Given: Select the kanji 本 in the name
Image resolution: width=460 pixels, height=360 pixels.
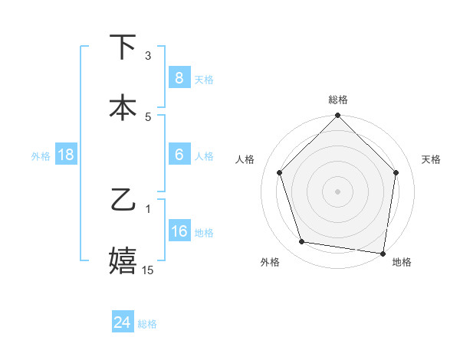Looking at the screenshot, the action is pos(123,106).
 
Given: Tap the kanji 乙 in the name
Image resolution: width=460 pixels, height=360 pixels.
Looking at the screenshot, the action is pos(123,200).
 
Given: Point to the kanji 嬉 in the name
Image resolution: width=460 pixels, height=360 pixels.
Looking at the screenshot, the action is pos(123,260).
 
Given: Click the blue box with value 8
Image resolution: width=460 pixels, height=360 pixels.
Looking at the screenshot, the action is pos(179,77).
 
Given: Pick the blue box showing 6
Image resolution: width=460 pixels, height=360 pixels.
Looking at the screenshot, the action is pos(179,155).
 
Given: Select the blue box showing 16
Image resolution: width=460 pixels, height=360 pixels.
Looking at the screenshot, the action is pos(179,231).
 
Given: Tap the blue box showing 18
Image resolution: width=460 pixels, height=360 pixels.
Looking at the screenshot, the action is pos(66,155).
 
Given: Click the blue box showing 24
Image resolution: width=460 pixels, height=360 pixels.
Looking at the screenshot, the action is pos(123,322).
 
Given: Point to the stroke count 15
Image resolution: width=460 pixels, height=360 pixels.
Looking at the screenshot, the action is pos(148,270).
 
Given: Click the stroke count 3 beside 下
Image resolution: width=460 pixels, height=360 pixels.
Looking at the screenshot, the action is pos(148,56).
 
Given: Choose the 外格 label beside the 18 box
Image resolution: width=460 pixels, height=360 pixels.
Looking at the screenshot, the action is pos(41,155).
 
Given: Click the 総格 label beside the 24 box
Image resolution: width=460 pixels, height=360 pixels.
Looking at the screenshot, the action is pos(147,324).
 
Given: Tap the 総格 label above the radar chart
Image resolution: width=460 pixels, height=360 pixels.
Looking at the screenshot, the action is pos(338,100).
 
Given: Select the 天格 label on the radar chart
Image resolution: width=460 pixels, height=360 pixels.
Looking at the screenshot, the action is pos(432,159).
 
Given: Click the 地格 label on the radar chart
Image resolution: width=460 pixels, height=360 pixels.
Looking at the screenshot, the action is pos(402,262).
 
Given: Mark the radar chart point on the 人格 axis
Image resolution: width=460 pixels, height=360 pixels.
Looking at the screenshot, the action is pos(279,172).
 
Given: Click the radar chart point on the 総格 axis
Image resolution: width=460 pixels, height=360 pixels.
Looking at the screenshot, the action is pos(338,116).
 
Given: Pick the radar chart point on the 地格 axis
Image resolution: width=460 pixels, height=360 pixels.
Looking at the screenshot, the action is pos(383,253).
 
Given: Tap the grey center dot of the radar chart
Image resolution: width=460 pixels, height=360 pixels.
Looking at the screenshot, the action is pos(338,191).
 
